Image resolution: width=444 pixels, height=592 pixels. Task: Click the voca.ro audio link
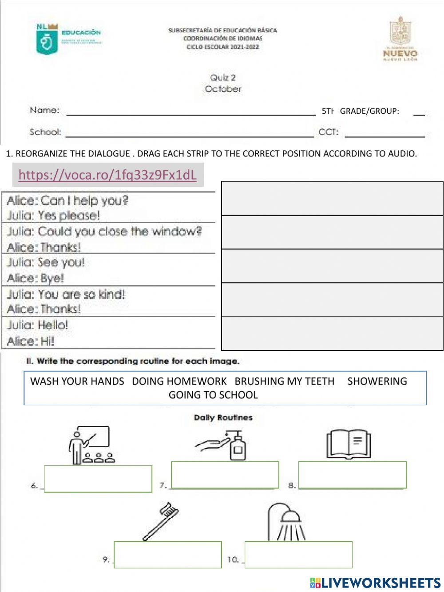[107, 175]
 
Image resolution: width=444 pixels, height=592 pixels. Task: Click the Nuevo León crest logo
[400, 39]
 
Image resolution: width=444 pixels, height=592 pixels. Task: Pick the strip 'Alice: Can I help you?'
[67, 200]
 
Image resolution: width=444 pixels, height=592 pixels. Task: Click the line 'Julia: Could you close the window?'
[104, 232]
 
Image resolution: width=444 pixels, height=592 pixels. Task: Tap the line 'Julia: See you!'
[46, 262]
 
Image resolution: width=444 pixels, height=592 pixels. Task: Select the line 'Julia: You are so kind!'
[66, 294]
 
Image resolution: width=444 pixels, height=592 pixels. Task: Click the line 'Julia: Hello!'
[38, 325]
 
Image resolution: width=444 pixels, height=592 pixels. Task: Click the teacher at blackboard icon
[90, 445]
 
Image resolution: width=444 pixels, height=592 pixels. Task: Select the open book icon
[349, 444]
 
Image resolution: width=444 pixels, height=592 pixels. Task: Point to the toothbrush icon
[160, 521]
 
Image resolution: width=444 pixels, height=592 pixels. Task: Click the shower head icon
[285, 521]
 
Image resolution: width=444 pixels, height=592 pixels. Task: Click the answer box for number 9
[168, 554]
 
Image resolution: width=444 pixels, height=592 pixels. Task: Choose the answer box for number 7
[225, 475]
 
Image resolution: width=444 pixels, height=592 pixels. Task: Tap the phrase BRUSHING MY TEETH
[284, 381]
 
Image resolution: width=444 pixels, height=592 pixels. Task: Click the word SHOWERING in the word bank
[377, 381]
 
